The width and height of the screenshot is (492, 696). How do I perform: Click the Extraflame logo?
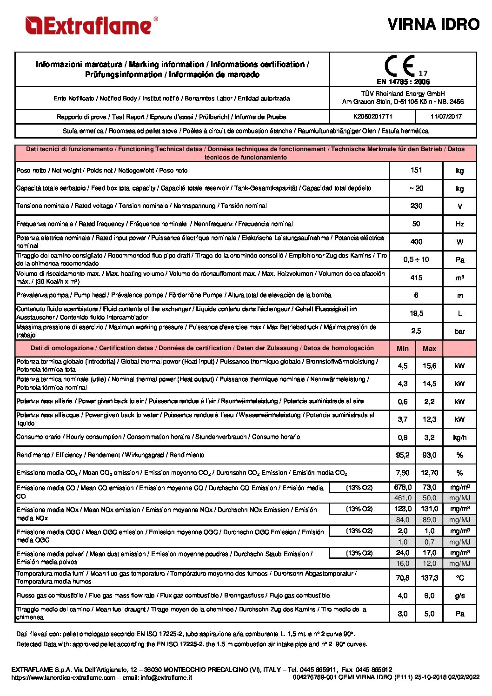coord(91,26)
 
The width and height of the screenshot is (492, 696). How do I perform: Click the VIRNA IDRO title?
coord(433,24)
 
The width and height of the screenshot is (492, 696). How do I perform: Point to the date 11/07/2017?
coord(446,117)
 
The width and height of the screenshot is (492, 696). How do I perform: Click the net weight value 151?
coord(416,170)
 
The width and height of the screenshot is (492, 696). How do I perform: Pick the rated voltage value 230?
coord(416,206)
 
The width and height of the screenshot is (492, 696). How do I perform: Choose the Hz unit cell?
coord(459,224)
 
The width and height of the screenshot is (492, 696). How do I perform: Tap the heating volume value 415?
coord(416,278)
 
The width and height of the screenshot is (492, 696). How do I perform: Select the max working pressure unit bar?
coord(459,331)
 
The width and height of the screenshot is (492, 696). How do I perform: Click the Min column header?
coord(403,349)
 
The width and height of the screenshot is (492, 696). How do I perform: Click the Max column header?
coord(429,349)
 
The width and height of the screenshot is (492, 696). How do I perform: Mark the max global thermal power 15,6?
coord(429,366)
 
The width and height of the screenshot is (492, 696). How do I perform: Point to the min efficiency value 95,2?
coord(403,455)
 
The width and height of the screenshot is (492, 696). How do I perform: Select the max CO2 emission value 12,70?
coord(429,473)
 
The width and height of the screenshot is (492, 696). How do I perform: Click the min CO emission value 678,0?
coord(403,487)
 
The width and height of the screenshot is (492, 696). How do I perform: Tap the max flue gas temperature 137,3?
coord(429,578)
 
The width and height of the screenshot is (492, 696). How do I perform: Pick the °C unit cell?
coord(459,578)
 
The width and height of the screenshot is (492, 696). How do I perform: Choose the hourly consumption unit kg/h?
coord(459,437)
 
